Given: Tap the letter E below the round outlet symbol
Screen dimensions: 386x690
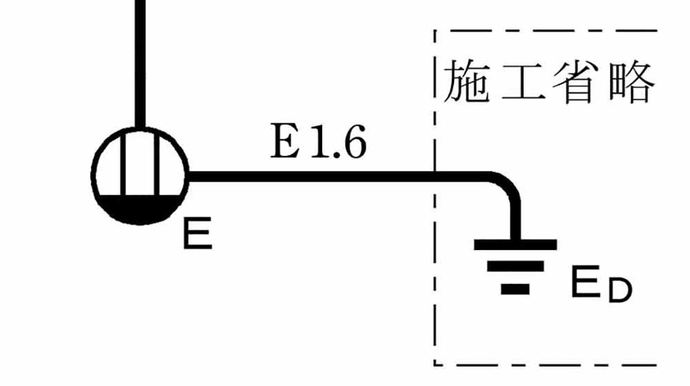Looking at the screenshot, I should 197,234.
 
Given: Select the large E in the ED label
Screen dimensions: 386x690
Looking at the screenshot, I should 585,283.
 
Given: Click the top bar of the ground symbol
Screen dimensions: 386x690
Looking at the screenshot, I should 515,244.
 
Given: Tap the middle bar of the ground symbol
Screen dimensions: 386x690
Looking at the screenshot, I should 515,266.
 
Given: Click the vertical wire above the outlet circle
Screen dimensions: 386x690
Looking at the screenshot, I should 140,62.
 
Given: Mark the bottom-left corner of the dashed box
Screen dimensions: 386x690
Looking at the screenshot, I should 435,365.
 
